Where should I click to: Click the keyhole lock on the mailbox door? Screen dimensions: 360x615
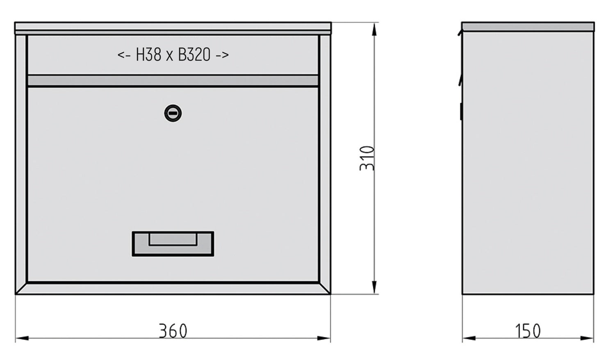coord(173,113)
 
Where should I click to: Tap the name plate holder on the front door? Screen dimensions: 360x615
coord(173,244)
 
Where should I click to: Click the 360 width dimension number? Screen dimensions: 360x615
coord(173,331)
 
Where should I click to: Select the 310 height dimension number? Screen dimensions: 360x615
coord(367,158)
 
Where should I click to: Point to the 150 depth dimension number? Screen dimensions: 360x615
coord(528,331)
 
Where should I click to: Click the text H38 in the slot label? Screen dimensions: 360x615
coord(148,55)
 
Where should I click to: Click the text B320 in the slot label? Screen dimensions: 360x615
coord(194,55)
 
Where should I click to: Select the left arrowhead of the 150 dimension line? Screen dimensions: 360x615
coord(469,338)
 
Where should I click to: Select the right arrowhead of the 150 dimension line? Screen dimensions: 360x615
coord(588,338)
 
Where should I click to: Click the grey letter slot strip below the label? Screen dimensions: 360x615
coord(173,80)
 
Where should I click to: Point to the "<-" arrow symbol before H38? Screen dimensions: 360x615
coord(124,55)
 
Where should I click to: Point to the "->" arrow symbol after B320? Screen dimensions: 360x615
coord(222,55)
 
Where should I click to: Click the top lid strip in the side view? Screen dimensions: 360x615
coord(528,27)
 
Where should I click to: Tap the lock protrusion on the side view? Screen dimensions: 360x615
coord(461,112)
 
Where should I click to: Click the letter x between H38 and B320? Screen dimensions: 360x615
coord(170,55)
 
